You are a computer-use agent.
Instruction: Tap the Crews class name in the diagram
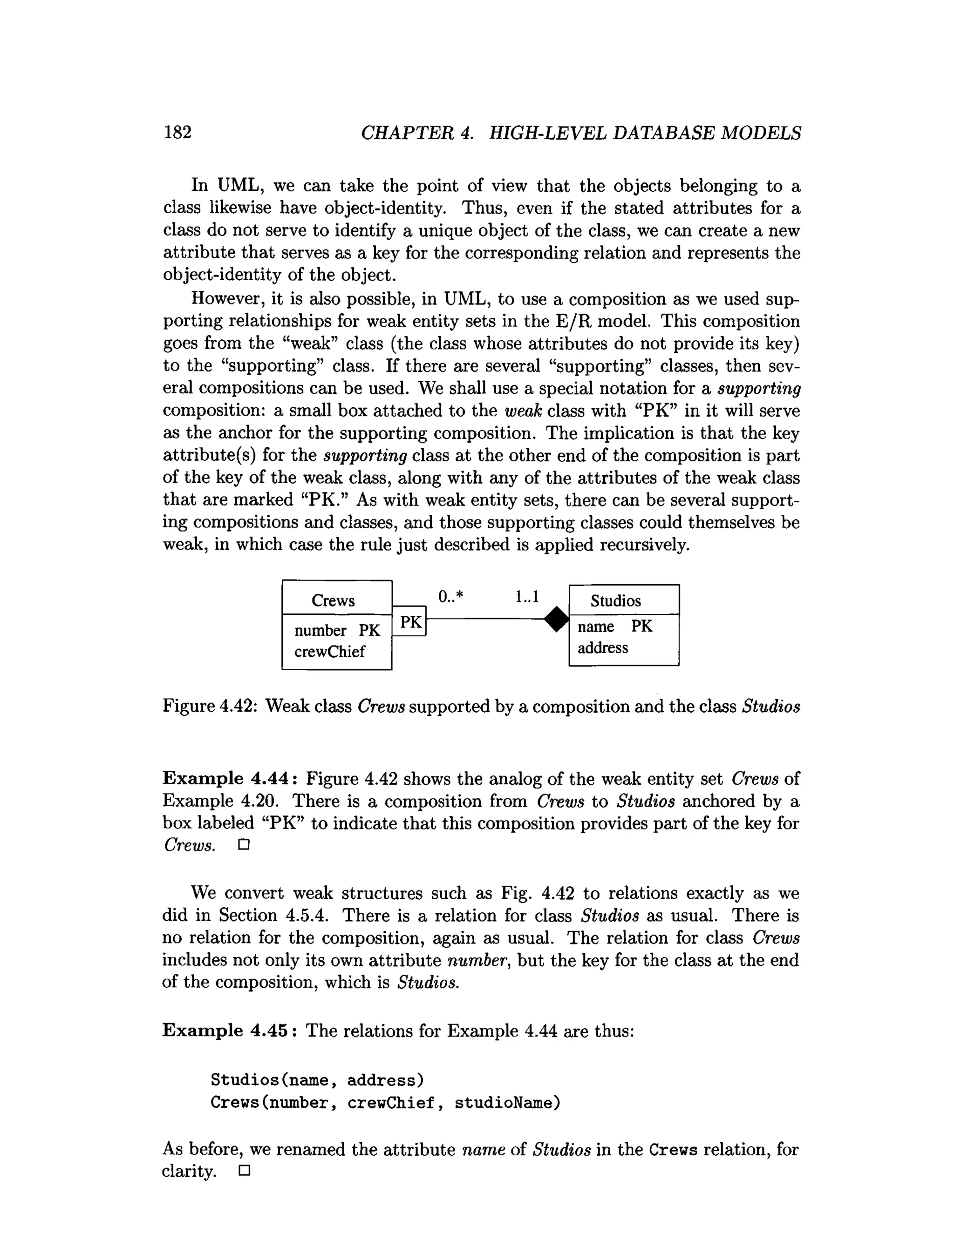coord(333,600)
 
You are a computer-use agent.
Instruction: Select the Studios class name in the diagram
coord(615,600)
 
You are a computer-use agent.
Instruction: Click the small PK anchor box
coord(410,622)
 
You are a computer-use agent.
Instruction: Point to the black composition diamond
coord(557,619)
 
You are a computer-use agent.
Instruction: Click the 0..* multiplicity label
coord(450,596)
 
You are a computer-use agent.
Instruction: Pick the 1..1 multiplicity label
coord(526,596)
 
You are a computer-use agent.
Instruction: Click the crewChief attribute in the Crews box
coord(329,651)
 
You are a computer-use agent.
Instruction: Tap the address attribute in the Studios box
coord(602,647)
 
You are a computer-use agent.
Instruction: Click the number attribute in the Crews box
coord(320,631)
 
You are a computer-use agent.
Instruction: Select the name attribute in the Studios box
coord(595,627)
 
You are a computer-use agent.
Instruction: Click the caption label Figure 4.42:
coord(211,706)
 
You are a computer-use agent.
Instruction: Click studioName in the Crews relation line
coord(507,1103)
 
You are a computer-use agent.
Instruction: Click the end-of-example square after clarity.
coord(245,1172)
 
